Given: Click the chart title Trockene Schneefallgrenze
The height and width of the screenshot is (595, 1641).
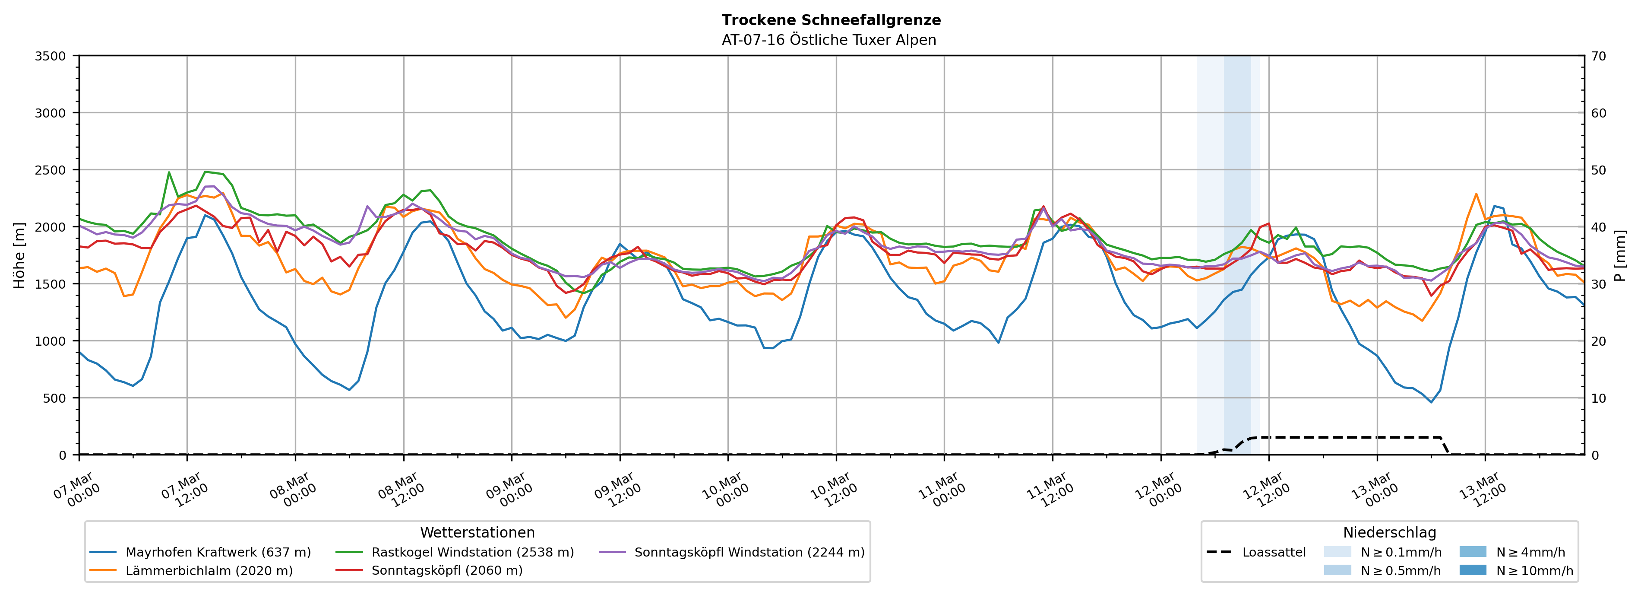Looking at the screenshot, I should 831,20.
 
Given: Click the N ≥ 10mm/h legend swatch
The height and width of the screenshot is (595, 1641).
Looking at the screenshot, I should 1473,570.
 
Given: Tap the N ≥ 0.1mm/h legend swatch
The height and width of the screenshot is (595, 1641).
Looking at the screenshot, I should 1337,552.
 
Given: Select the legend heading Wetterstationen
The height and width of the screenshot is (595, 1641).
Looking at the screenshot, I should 477,532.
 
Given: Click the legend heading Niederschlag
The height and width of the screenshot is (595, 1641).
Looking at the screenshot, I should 1389,532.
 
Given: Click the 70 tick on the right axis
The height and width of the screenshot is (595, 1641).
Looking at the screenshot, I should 1598,56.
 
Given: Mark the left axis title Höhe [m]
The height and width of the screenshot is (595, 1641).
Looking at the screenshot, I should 20,255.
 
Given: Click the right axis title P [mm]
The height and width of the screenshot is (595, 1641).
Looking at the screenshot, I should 1620,255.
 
